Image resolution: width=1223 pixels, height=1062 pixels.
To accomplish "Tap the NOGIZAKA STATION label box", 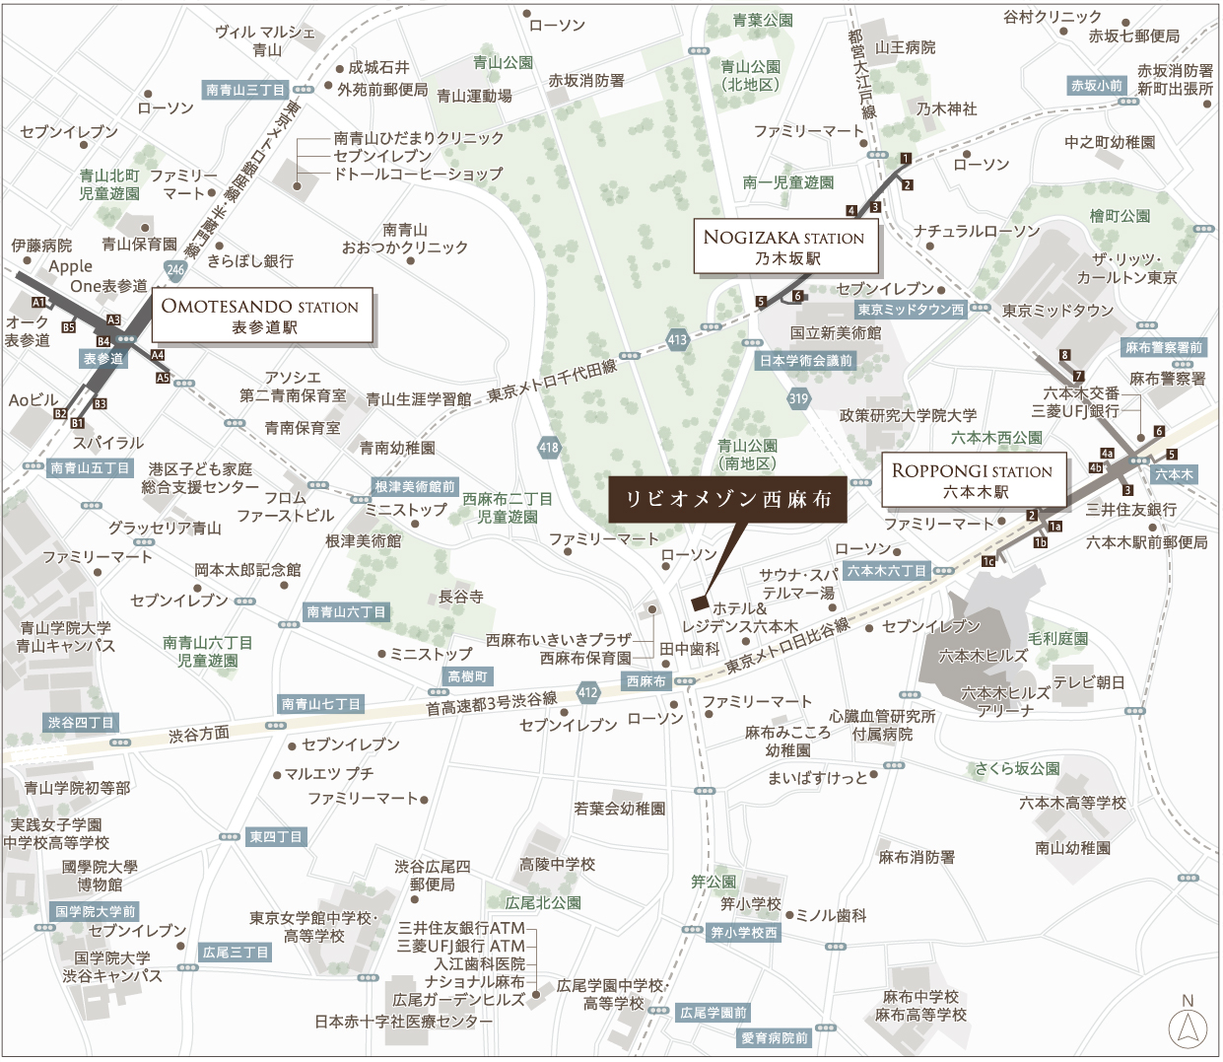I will coord(784,247).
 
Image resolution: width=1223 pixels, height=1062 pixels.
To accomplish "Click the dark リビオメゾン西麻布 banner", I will coord(727,499).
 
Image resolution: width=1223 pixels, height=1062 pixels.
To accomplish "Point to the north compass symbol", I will coord(1188,1028).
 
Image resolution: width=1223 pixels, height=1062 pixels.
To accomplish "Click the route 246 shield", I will coord(175,269).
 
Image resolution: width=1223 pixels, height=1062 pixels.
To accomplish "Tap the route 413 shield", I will coord(677,339).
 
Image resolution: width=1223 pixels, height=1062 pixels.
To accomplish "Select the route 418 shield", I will coord(549,447).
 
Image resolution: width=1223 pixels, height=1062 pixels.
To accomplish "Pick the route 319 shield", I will coord(798,398).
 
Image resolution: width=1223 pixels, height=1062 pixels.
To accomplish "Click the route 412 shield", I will coord(588,692).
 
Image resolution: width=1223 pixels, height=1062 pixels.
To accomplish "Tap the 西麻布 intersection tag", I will coord(646,681).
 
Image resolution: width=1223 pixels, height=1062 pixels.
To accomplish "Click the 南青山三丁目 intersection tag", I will coord(245,90).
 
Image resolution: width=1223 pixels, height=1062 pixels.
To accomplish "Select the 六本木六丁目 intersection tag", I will coord(887,571).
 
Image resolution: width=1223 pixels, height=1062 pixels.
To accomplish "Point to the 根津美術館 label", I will coord(364,540).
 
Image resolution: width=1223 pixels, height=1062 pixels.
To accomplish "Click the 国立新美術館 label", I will coord(836,333).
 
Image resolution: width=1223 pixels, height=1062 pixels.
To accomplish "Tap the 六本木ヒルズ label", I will coord(983,655).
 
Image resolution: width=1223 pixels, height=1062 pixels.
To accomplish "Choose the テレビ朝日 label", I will coord(1088,682).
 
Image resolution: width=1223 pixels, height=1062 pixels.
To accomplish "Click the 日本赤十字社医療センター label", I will coord(403,1022).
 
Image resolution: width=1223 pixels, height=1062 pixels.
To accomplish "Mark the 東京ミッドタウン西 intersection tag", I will coord(911,310).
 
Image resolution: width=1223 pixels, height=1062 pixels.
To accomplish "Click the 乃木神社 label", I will coord(946,108).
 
